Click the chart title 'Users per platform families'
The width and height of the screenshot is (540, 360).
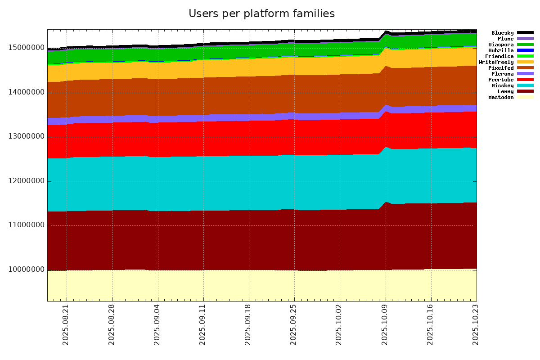coord(261,14)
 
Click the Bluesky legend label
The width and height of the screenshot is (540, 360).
coord(502,33)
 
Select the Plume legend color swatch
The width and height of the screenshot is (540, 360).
coord(525,39)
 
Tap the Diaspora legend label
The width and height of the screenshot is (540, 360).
coord(501,45)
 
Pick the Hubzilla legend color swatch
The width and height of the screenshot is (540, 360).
coord(525,50)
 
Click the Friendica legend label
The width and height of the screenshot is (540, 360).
coord(499,56)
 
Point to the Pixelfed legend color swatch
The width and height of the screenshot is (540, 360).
coord(525,68)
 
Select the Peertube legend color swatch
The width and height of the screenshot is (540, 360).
coord(525,80)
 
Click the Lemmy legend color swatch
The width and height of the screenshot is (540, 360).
coord(525,91)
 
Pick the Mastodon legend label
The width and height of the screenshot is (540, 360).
coord(501,97)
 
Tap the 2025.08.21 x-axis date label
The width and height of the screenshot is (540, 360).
coord(66,330)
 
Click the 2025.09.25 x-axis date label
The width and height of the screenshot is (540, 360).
coord(294,330)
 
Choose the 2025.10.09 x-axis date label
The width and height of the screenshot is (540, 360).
coord(385,330)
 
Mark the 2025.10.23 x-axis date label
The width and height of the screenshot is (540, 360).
coord(476,330)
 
